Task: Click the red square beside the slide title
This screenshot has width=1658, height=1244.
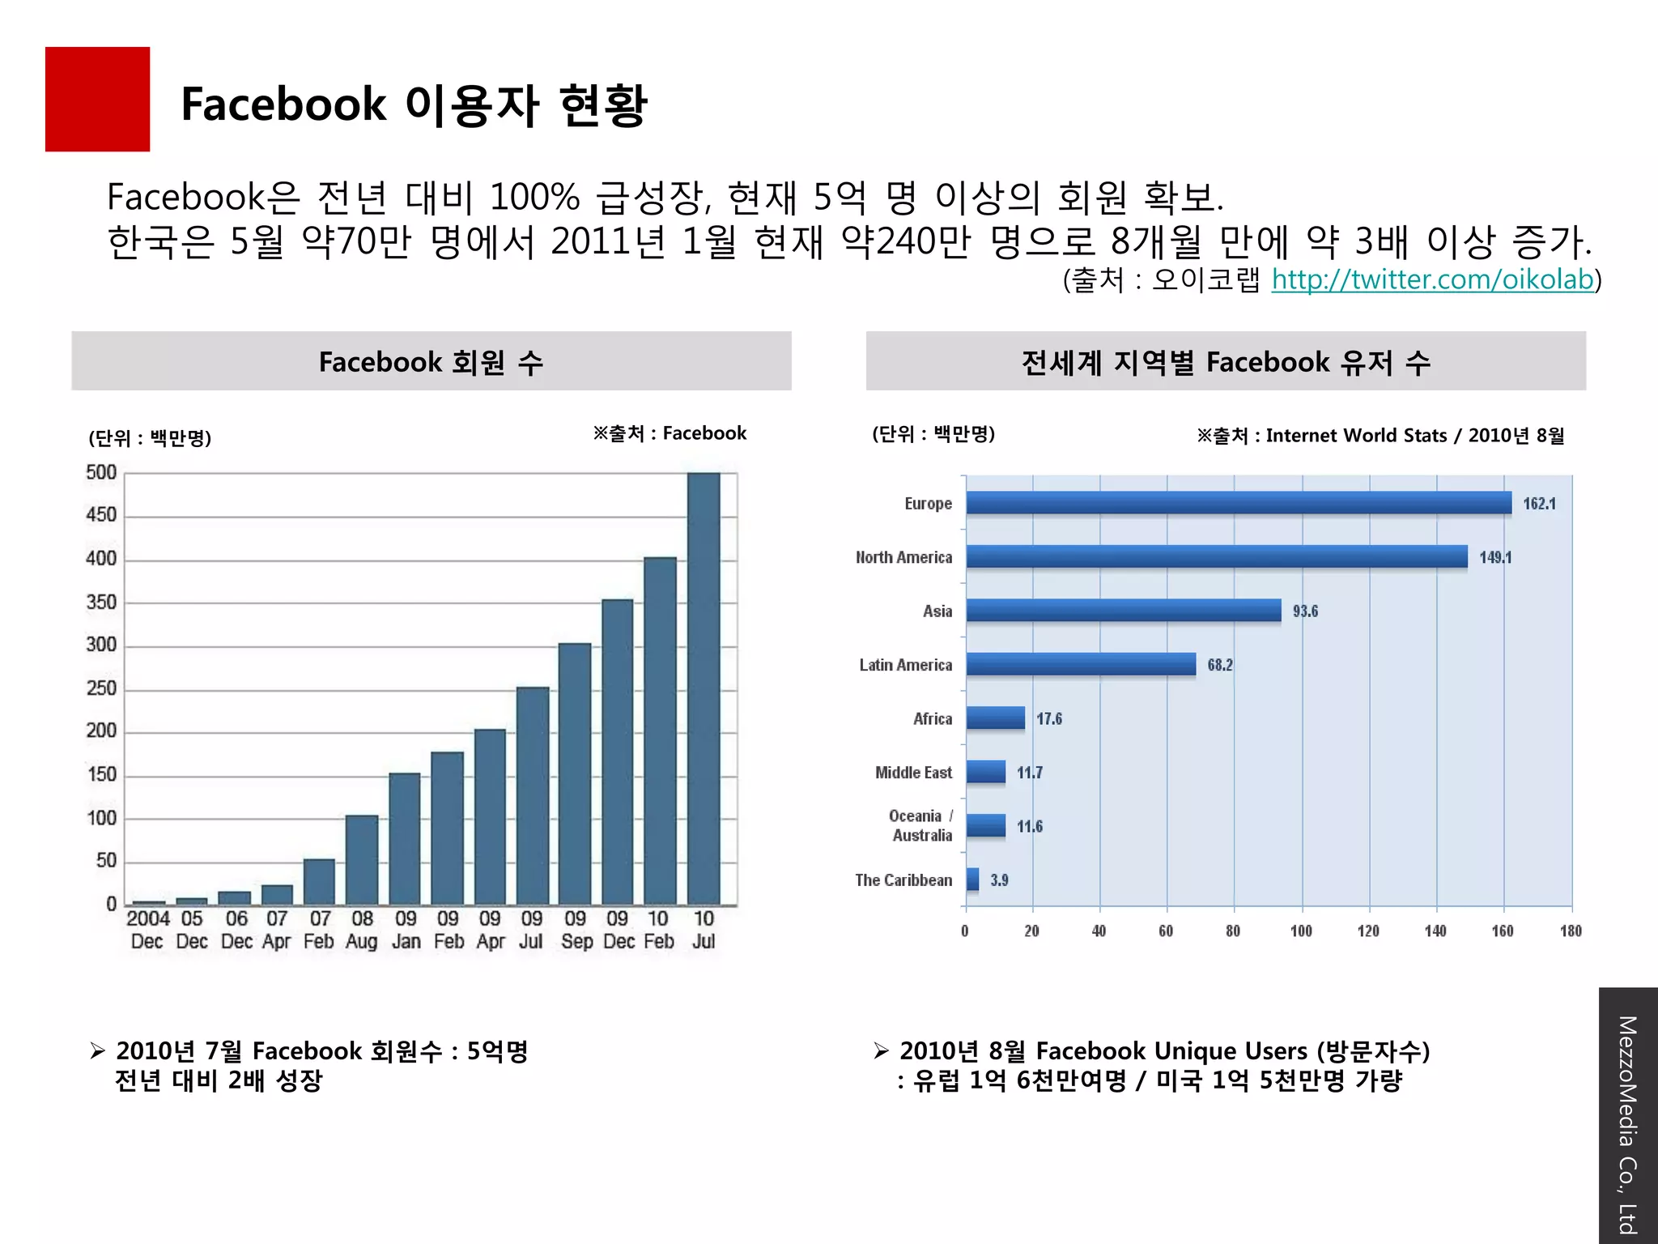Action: coord(97,99)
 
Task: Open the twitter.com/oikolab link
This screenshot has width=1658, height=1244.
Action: coord(1431,279)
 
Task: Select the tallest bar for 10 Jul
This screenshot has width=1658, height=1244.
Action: coord(704,688)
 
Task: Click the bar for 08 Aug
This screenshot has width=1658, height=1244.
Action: coord(362,860)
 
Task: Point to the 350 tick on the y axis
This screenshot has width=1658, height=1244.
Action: coord(101,603)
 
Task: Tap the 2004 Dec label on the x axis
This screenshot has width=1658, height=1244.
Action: coord(148,930)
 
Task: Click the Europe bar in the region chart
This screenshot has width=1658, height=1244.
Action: coord(1239,503)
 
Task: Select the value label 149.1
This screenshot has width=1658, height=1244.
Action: coord(1494,557)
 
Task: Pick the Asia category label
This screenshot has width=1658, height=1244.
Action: coord(937,611)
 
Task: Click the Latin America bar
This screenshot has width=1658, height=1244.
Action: coord(1081,664)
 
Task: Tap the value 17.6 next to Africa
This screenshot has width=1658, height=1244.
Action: coord(1049,719)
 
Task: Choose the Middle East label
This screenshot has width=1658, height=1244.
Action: coord(913,773)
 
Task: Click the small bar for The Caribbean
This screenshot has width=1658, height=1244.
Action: coord(972,880)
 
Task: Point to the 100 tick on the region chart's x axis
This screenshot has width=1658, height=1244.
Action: coord(1301,931)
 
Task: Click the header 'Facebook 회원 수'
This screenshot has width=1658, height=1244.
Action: coord(431,361)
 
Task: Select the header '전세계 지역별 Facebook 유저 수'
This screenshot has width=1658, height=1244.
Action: coord(1225,361)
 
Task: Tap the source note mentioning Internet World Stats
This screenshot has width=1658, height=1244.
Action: coord(1380,436)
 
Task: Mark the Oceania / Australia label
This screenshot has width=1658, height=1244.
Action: coord(921,826)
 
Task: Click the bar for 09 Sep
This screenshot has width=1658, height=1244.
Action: coord(575,773)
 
